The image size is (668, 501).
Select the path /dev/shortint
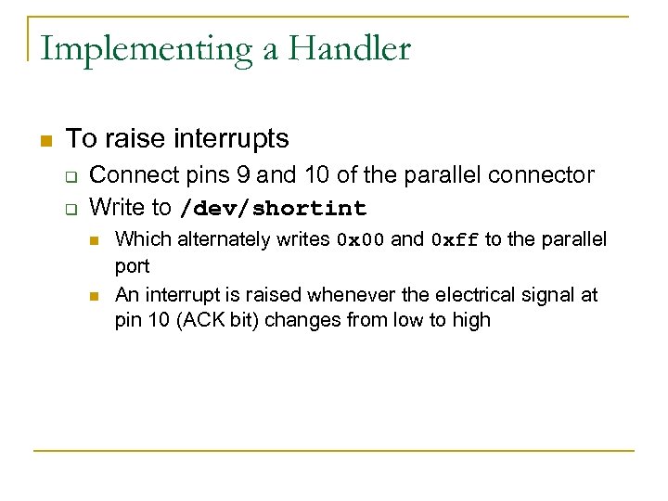273,208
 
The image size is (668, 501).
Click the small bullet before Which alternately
94,240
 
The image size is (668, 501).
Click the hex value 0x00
360,240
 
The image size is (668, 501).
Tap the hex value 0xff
455,240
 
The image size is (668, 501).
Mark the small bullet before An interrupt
94,296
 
